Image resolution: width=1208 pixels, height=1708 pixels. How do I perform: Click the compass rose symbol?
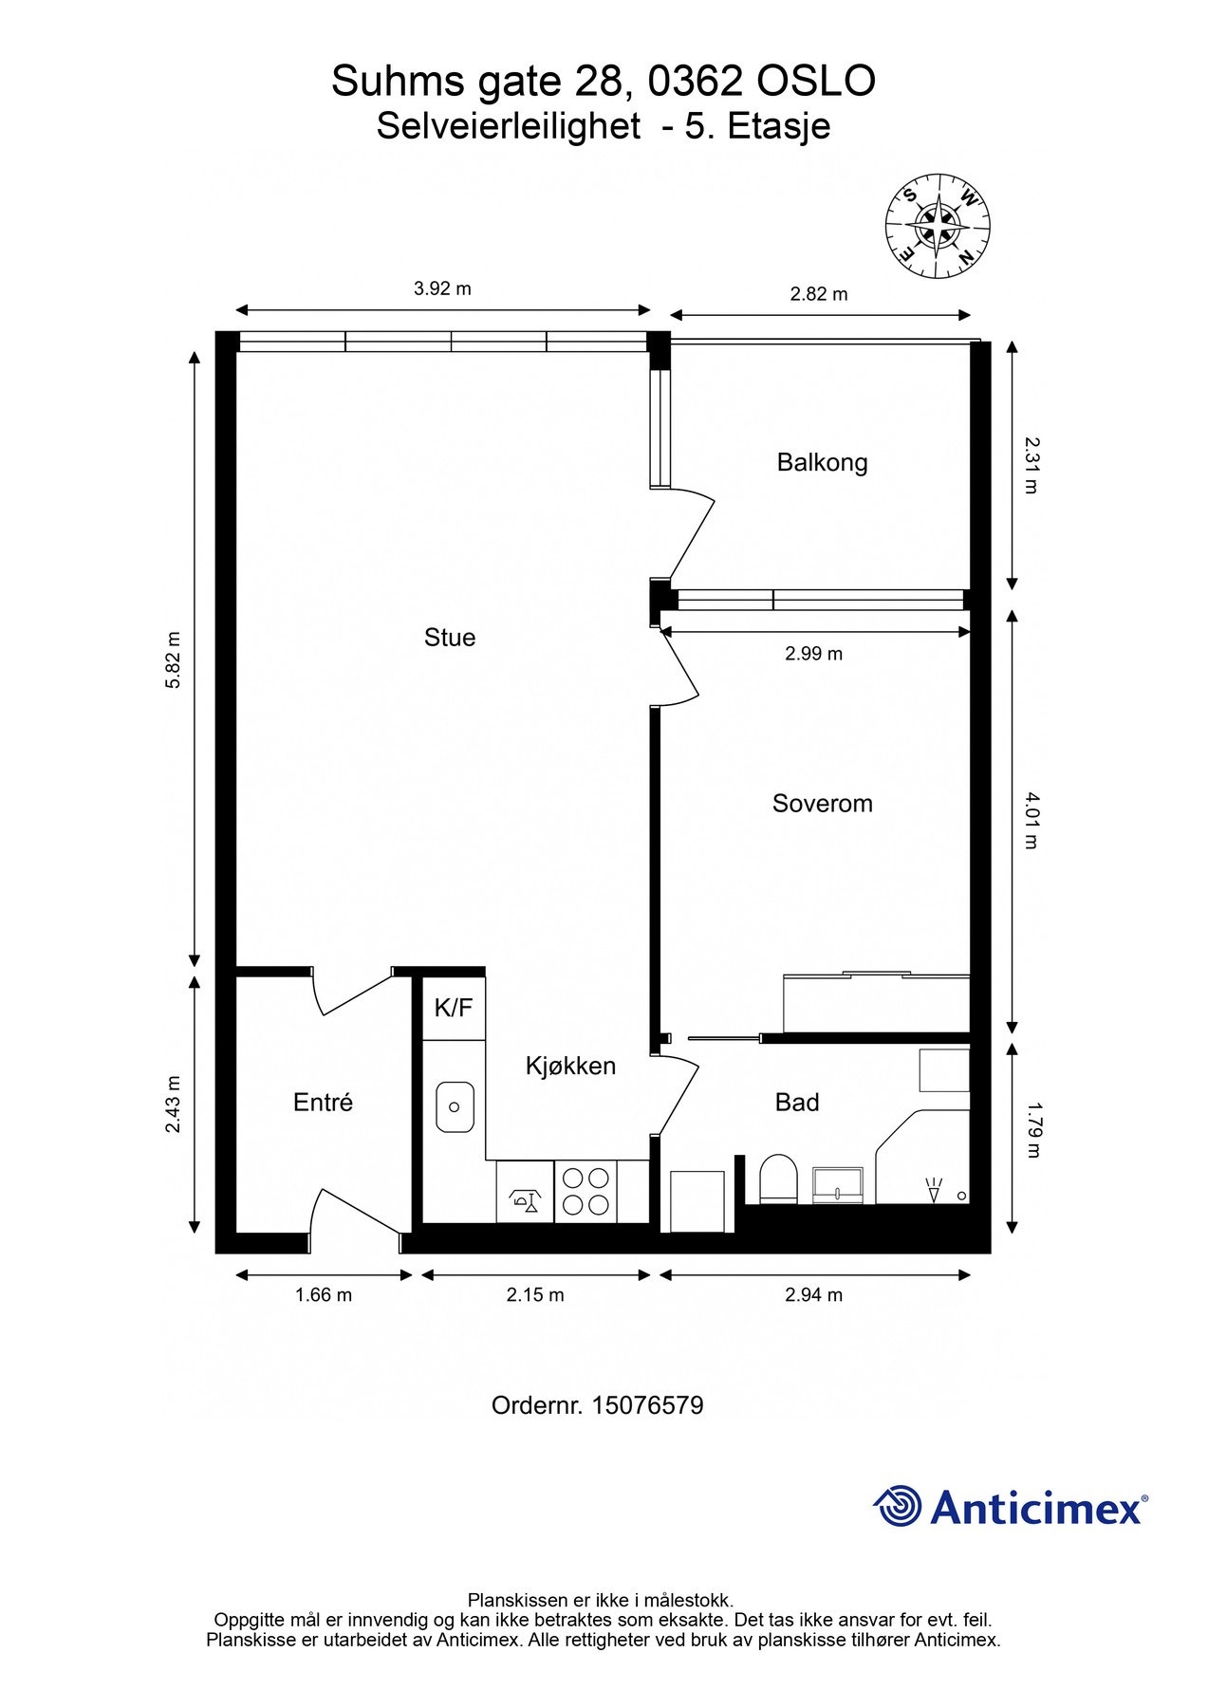point(938,227)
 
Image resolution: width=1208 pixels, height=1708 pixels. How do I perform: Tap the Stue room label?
point(450,638)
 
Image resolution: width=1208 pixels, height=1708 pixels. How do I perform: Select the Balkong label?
point(822,463)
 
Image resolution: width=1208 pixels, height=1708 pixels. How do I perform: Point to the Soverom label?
point(822,804)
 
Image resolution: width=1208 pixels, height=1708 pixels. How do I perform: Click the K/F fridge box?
point(454,1008)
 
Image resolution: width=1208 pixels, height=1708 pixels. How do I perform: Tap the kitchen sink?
point(455,1106)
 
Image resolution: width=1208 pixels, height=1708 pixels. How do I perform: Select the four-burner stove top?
point(585,1191)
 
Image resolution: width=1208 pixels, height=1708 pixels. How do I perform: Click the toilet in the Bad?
point(779,1179)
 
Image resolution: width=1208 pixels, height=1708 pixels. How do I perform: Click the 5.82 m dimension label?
point(174,659)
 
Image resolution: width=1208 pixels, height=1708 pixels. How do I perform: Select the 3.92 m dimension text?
point(442,288)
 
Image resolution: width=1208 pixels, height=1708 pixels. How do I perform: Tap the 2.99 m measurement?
point(813,654)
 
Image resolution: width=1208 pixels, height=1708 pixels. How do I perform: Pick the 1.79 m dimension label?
point(1033,1129)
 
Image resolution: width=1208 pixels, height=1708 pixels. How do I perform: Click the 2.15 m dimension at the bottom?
point(535,1295)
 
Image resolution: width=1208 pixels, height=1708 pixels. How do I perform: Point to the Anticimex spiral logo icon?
point(898,1506)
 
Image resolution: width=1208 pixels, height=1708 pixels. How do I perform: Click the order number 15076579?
point(647,1405)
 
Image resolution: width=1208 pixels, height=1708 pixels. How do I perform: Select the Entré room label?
point(323,1103)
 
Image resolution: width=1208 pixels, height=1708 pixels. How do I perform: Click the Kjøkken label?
point(570,1067)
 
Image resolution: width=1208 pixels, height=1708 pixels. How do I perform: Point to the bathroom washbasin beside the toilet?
point(838,1185)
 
